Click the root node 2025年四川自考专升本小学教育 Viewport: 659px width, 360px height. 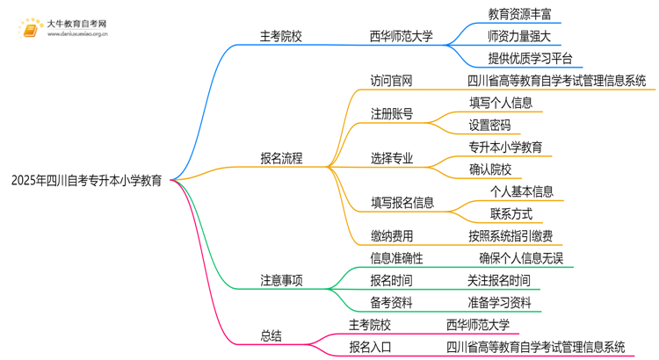[86, 181]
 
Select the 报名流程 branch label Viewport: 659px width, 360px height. [281, 159]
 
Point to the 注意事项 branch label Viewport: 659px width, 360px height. [281, 281]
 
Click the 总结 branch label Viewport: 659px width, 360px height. [271, 335]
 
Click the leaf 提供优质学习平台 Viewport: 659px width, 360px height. [531, 60]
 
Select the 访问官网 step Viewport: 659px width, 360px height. [391, 81]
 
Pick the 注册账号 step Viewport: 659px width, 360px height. [391, 114]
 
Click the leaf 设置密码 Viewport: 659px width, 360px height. [489, 126]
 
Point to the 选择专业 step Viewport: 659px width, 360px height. [391, 159]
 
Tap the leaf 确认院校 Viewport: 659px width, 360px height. [489, 169]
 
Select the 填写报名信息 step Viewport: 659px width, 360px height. [402, 202]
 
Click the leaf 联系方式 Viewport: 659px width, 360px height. [511, 213]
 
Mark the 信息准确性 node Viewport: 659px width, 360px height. [396, 258]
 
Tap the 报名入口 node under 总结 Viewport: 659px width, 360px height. [371, 347]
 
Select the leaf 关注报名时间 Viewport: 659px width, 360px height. [498, 281]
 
